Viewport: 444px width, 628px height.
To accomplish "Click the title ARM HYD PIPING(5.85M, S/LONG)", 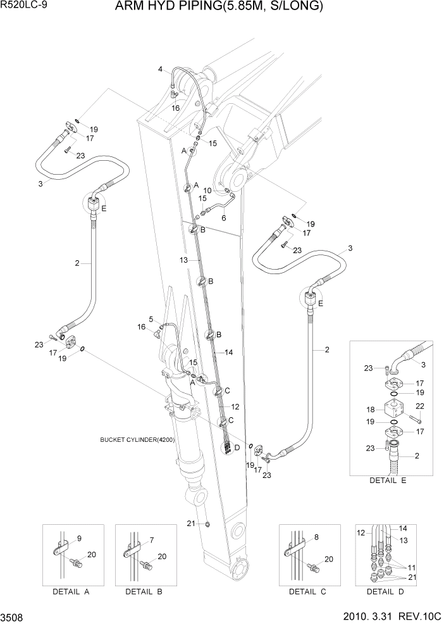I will [219, 7].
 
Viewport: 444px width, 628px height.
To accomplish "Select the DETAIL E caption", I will [388, 480].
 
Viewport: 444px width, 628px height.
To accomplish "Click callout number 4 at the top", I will [161, 69].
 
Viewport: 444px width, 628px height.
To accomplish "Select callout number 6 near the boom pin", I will [224, 217].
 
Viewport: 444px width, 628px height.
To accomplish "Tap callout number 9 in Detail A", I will [80, 539].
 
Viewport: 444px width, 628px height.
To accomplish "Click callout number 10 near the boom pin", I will [207, 190].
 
